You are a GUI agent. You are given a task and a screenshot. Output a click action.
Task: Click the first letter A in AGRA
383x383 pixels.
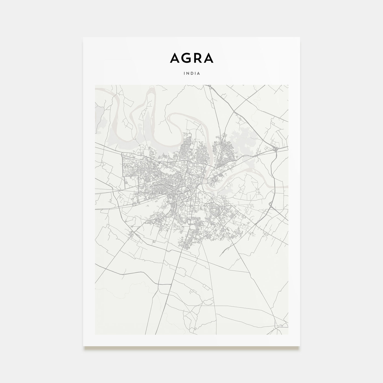pyautogui.click(x=175, y=58)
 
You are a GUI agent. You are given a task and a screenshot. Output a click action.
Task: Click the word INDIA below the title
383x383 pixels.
pyautogui.click(x=192, y=73)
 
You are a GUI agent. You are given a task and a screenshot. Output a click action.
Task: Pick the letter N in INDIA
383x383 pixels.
pyautogui.click(x=188, y=73)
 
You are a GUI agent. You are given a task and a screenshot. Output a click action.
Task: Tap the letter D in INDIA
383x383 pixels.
pyautogui.click(x=192, y=73)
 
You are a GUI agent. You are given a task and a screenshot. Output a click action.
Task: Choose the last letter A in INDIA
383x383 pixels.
pyautogui.click(x=199, y=73)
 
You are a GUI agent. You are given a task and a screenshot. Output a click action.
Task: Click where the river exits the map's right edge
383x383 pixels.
pyautogui.click(x=287, y=186)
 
